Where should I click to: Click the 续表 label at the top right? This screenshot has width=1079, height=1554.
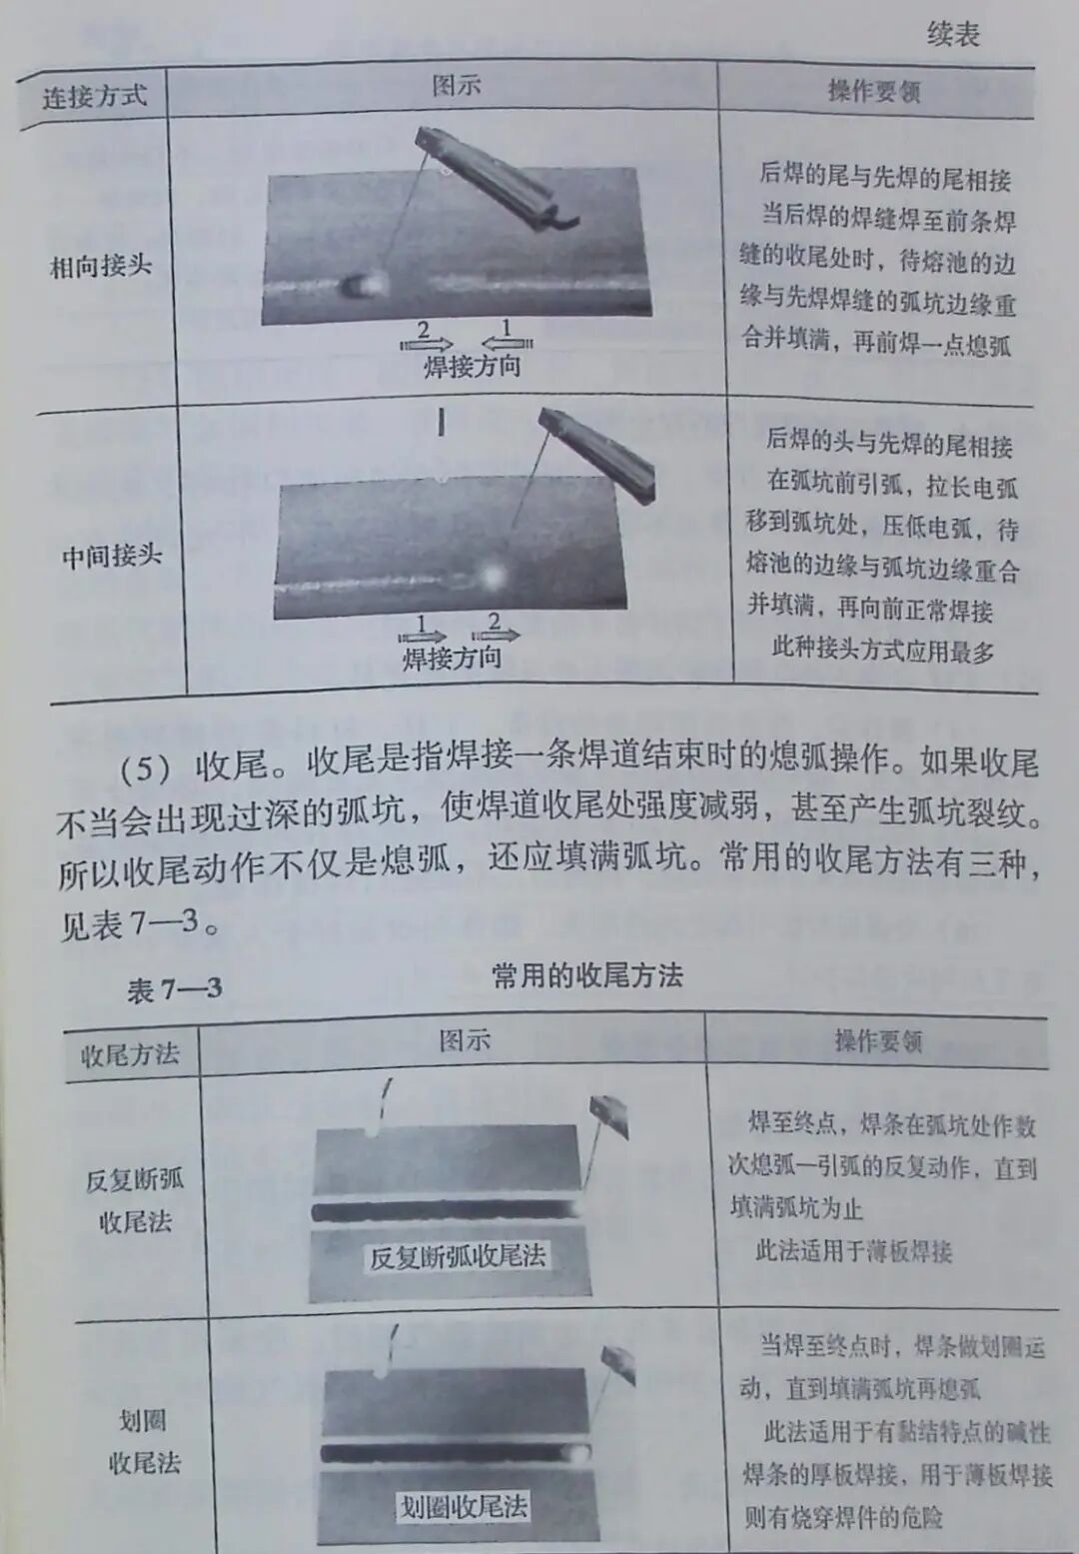click(x=953, y=36)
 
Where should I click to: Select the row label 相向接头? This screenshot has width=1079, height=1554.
click(x=101, y=266)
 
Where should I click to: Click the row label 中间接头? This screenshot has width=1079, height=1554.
click(x=111, y=555)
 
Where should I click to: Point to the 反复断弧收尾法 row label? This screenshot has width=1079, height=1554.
click(x=134, y=1199)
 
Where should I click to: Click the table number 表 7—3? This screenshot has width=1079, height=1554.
click(x=174, y=989)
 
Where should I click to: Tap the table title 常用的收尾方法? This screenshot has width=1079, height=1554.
click(x=587, y=975)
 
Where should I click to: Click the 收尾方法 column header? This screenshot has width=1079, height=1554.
click(x=130, y=1053)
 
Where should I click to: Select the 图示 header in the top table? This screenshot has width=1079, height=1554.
click(x=457, y=86)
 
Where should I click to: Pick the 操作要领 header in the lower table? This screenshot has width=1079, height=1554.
click(x=878, y=1041)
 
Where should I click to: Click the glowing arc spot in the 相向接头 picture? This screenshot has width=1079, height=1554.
click(x=364, y=286)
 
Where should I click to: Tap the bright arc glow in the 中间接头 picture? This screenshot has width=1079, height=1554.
click(x=492, y=576)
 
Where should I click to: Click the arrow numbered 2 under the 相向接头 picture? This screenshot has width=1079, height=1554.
click(x=426, y=336)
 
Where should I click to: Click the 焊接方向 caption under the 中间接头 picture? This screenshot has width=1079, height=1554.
click(x=452, y=658)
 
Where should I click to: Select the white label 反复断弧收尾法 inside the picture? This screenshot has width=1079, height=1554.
click(x=458, y=1256)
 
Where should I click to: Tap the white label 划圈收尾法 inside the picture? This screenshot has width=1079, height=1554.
click(x=463, y=1506)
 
